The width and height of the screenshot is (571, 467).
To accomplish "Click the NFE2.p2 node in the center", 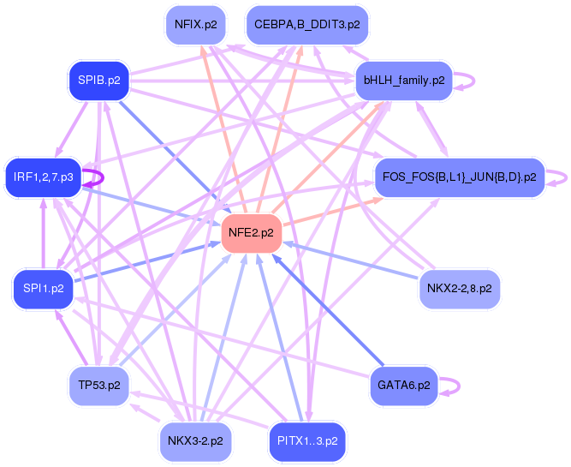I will [x=252, y=233].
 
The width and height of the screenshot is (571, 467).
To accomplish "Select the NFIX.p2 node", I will [x=193, y=24].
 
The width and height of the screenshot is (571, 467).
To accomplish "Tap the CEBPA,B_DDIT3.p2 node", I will [x=306, y=24].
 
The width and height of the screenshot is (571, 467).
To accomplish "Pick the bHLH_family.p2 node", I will [x=403, y=81].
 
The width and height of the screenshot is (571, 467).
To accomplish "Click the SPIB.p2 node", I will [x=98, y=81].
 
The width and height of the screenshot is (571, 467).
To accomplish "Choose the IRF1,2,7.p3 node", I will [x=43, y=177].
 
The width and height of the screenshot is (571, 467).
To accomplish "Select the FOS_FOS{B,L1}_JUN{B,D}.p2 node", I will [x=459, y=177].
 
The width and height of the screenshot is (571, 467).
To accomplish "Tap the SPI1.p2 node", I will [x=43, y=288].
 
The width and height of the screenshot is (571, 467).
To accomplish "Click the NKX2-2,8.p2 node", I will [x=459, y=289].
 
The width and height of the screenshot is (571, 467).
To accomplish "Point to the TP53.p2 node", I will [x=98, y=385].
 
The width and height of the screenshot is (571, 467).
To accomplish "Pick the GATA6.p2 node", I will [x=403, y=386].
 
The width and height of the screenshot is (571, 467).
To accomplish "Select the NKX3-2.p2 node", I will [x=193, y=441].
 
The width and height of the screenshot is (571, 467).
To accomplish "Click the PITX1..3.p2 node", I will [x=306, y=441].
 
